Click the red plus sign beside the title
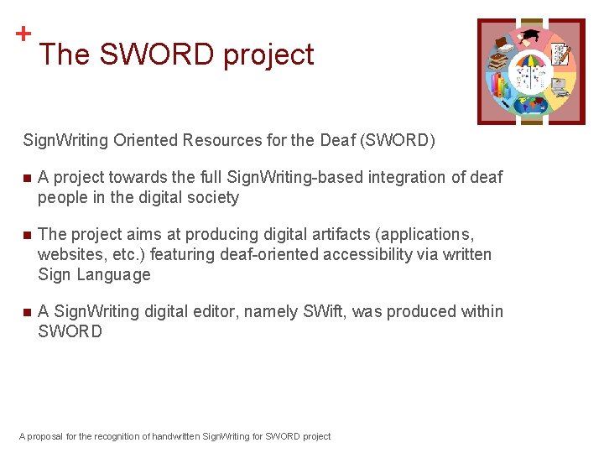coord(23,34)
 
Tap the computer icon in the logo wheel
coord(559,86)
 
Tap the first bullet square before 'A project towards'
coord(27,178)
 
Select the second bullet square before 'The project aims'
coord(27,235)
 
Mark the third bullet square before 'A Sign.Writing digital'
coord(27,312)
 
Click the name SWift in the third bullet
coord(325,311)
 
